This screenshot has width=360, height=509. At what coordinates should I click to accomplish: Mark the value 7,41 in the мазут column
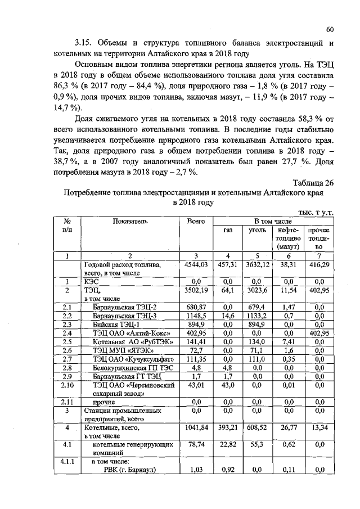[x=287, y=342]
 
